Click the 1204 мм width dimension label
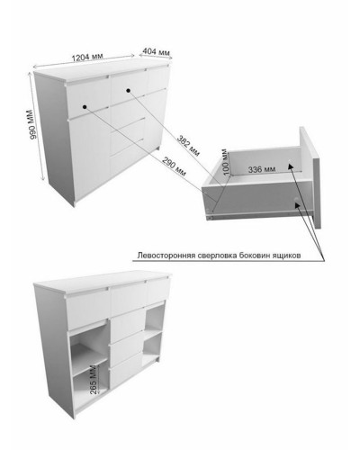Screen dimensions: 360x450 click(87, 57)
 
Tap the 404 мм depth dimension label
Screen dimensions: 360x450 click(156, 52)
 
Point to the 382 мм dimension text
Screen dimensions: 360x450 click(188, 146)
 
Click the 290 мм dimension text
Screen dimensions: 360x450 click(174, 166)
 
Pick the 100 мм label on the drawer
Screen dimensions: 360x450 click(226, 161)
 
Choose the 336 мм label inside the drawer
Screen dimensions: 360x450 click(262, 169)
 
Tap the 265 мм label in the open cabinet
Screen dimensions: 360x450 click(94, 380)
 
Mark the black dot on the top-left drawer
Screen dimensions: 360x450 click(85, 107)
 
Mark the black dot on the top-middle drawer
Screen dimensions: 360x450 click(128, 90)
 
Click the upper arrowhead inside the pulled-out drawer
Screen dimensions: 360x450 click(291, 166)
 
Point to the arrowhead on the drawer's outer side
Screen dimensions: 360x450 click(297, 205)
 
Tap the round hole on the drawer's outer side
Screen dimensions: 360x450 click(297, 199)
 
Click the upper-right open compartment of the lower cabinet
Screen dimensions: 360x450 click(154, 317)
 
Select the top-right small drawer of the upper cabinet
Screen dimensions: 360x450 click(158, 78)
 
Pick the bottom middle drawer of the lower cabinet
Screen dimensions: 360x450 click(125, 370)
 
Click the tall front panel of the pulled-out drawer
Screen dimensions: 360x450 click(310, 177)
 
